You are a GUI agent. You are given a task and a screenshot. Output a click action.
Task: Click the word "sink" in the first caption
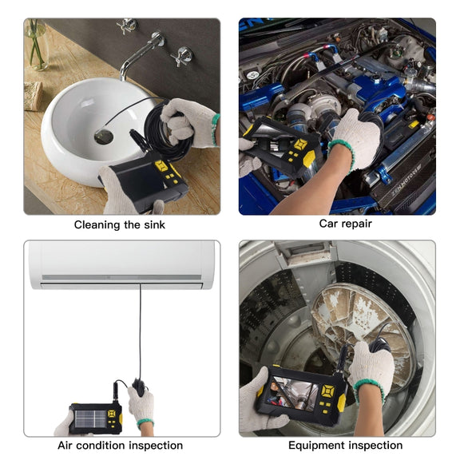coord(154,224)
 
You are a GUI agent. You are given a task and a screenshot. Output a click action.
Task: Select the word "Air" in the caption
coord(65,446)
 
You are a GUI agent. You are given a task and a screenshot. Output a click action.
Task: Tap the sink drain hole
coord(104,137)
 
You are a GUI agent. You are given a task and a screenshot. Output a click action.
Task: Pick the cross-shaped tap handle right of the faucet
coord(182,56)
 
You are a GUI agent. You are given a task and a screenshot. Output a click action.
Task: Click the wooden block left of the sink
coord(33,96)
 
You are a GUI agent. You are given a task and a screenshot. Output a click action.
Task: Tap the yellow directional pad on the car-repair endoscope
coord(300,145)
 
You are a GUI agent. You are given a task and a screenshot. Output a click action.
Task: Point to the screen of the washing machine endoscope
coord(292,395)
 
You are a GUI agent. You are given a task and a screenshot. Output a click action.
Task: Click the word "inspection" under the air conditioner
coord(156,446)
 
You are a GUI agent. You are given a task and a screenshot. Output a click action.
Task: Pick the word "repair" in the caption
coord(359,224)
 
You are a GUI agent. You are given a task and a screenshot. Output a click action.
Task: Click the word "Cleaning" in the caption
coord(97,225)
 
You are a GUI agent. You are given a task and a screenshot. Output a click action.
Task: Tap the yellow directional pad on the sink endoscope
coord(161,166)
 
